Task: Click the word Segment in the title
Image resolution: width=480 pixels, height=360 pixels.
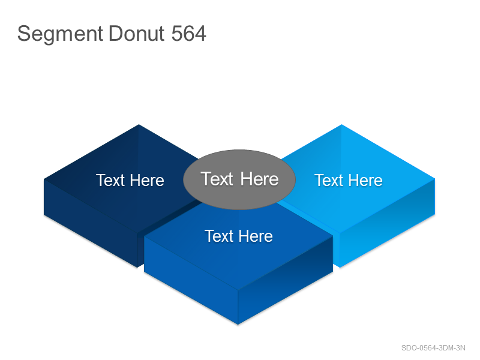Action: click(x=60, y=34)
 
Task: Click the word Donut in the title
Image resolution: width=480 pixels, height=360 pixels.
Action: click(x=137, y=33)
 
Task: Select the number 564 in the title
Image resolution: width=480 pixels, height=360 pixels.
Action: click(x=188, y=33)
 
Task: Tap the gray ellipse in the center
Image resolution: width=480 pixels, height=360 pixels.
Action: click(x=239, y=179)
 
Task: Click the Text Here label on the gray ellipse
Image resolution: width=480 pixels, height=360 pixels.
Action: click(x=239, y=179)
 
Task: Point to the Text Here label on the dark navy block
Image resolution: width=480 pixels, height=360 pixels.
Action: click(x=130, y=180)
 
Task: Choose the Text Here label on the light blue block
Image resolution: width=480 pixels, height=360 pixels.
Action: click(x=349, y=180)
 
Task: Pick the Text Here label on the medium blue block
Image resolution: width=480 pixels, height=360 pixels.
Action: click(x=239, y=236)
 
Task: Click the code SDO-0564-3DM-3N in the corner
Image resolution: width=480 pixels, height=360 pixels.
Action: click(x=433, y=348)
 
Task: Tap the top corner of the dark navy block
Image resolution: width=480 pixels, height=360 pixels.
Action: click(x=139, y=124)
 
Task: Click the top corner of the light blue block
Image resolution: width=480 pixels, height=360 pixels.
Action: click(x=341, y=124)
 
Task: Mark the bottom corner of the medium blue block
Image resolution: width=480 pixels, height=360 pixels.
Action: click(x=238, y=325)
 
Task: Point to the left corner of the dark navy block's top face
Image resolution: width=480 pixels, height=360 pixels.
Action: click(x=44, y=179)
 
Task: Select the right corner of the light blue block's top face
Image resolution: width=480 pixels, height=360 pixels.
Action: click(x=435, y=179)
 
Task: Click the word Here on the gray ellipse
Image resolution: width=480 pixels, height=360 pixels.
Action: click(x=260, y=179)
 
